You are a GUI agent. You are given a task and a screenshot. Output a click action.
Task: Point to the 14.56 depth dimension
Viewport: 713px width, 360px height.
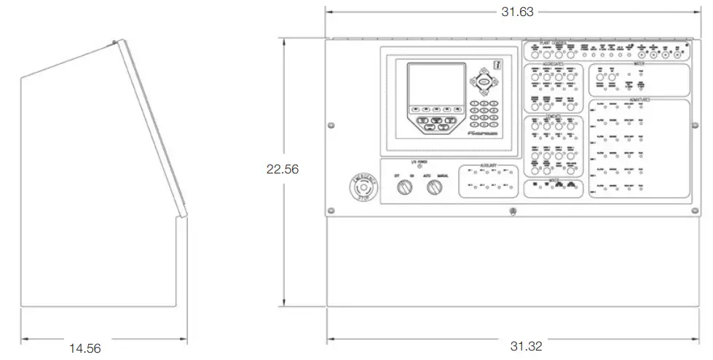(x=84, y=348)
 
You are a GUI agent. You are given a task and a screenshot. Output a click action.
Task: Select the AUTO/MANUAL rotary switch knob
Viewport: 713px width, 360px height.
(x=434, y=188)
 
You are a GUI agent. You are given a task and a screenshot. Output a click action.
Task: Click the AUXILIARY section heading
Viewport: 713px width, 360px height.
(x=488, y=165)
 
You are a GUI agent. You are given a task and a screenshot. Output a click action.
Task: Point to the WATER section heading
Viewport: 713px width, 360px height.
(x=638, y=64)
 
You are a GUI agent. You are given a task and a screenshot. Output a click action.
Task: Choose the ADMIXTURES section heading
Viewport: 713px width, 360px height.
(x=638, y=98)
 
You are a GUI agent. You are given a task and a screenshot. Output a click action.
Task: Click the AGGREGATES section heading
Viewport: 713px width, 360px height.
(x=554, y=64)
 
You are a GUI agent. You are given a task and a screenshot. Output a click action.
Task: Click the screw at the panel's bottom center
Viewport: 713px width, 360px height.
(x=511, y=212)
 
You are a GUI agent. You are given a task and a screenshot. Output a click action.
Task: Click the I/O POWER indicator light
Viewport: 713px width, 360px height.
(x=419, y=167)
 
